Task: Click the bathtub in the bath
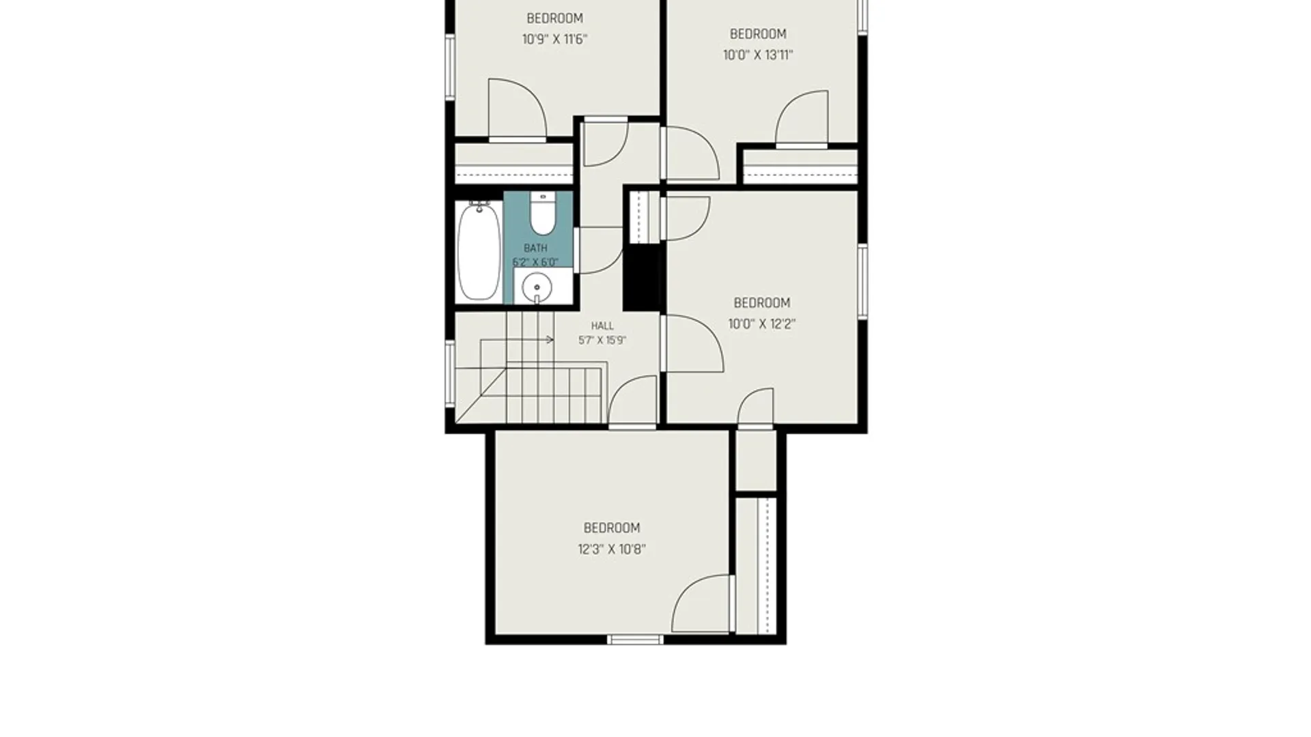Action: coord(479,251)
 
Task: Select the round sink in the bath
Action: coord(537,287)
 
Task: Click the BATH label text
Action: coord(535,248)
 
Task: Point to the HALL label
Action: coord(602,326)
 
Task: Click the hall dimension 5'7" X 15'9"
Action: coord(602,341)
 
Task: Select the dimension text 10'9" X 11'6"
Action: coord(554,40)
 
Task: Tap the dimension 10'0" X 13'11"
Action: coord(758,55)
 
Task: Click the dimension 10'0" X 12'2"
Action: coord(762,324)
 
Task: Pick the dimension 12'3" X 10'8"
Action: coord(612,549)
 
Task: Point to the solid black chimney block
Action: coord(642,276)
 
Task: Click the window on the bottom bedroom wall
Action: coord(635,640)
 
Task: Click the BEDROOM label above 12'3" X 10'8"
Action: coord(612,528)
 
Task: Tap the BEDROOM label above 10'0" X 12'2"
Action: coord(762,303)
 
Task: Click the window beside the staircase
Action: coord(450,374)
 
